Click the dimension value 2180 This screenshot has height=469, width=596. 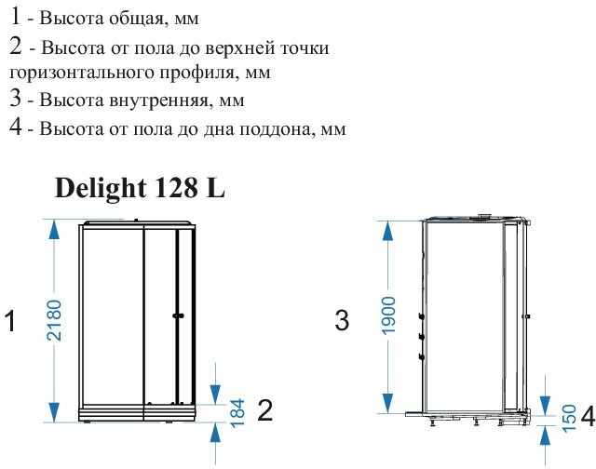[x=54, y=320]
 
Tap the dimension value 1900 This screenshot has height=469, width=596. [x=388, y=316]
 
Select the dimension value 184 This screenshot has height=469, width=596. [x=238, y=413]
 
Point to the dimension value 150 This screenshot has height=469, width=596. [x=569, y=418]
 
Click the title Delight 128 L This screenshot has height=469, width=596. [x=141, y=188]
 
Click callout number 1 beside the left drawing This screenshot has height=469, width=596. [x=10, y=321]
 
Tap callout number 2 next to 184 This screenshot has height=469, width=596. [x=264, y=410]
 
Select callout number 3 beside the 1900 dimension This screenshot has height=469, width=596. [x=342, y=320]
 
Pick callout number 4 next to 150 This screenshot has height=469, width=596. [x=589, y=416]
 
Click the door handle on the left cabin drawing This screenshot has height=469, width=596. [x=178, y=315]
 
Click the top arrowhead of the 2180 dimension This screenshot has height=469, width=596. [x=54, y=230]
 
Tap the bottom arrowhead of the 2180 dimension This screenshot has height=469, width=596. [x=54, y=412]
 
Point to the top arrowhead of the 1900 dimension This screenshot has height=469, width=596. [x=387, y=231]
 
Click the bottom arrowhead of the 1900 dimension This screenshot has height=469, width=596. [x=387, y=403]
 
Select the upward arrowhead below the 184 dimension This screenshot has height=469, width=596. [x=215, y=433]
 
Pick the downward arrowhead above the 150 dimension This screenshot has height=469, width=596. [x=545, y=406]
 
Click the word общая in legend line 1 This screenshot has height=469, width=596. [x=137, y=19]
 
